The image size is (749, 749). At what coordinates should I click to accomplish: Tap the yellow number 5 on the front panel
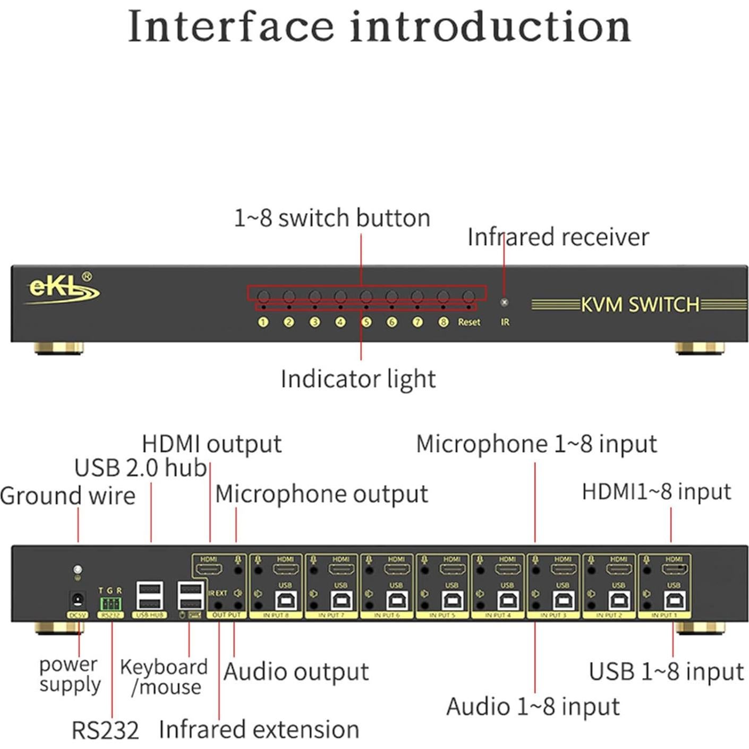point(366,322)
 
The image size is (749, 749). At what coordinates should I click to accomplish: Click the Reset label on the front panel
point(469,322)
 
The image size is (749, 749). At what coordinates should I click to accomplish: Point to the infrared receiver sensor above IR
point(504,302)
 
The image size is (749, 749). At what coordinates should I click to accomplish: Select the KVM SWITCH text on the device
point(640,305)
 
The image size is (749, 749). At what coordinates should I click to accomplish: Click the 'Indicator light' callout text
point(358,379)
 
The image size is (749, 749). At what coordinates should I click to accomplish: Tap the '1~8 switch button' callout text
point(332,218)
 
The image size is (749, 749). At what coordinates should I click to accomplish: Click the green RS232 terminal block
point(110,603)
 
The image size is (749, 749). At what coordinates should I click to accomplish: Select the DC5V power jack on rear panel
point(78,600)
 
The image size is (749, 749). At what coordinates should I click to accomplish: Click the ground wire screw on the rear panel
point(78,569)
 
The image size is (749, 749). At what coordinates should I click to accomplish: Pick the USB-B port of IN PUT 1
point(674,601)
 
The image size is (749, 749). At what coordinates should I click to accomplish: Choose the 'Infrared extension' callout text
point(259,729)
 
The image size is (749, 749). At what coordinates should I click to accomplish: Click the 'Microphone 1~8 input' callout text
point(537,444)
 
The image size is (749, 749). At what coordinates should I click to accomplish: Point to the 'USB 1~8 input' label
point(666,671)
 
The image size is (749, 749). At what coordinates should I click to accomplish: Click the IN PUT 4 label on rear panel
point(498,615)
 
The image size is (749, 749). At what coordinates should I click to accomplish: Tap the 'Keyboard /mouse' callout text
point(164,677)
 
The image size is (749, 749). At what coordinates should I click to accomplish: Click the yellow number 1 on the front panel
point(263,322)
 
